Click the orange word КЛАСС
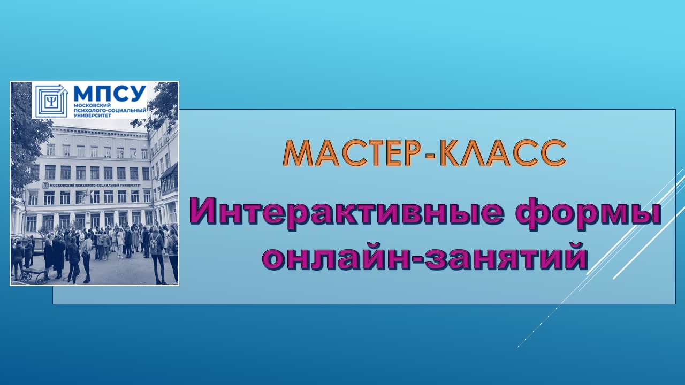[504, 153]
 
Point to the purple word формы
[589, 217]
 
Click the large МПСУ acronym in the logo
[110, 94]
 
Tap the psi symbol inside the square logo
[51, 101]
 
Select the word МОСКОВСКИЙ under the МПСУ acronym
[88, 105]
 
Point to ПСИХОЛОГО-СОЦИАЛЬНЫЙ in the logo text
[110, 111]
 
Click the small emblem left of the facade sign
[45, 185]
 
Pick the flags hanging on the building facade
[86, 195]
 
